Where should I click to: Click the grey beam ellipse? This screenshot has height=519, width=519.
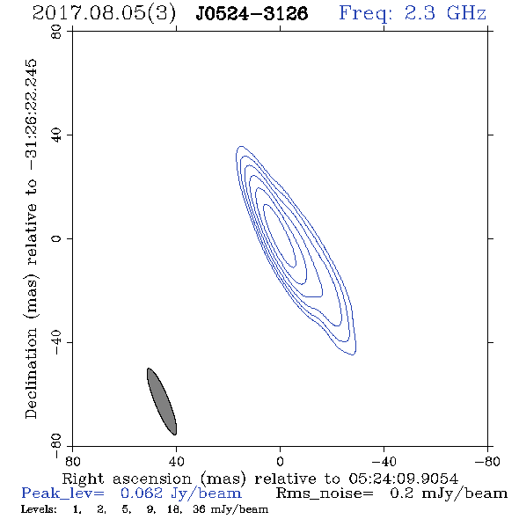162,401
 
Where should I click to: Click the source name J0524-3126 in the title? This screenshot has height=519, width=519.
252,14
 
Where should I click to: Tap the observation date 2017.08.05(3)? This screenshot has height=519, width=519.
104,14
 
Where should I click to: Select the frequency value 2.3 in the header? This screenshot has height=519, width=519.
420,13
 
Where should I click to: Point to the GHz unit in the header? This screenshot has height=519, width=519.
466,13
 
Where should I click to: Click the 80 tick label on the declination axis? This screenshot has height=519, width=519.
56,32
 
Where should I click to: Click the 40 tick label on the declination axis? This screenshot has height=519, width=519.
56,135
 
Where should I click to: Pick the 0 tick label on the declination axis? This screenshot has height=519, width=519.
56,238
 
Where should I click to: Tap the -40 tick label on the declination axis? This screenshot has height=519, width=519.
56,342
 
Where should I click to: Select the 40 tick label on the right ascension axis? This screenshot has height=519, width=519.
176,462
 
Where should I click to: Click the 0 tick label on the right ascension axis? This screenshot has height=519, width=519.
280,462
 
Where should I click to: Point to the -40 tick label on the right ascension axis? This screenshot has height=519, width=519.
384,462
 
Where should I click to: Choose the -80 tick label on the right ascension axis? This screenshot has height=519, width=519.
487,462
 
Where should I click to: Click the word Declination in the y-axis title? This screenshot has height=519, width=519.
31,373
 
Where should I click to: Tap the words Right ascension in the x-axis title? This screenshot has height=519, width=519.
127,479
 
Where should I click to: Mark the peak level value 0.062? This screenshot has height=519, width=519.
142,493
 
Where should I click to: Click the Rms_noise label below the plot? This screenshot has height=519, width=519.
325,493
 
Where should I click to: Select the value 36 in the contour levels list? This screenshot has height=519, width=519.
200,508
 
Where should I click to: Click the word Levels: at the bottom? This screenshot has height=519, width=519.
39,508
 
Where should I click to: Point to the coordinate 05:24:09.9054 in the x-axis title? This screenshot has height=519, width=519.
403,479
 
